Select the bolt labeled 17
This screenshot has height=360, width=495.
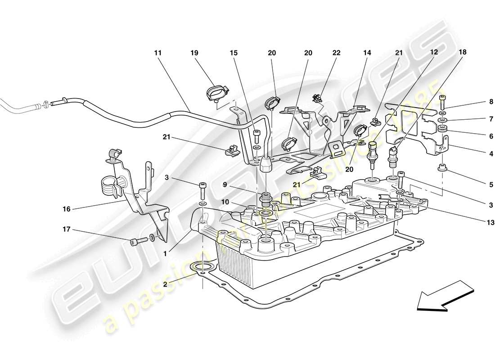coord(137,243)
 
